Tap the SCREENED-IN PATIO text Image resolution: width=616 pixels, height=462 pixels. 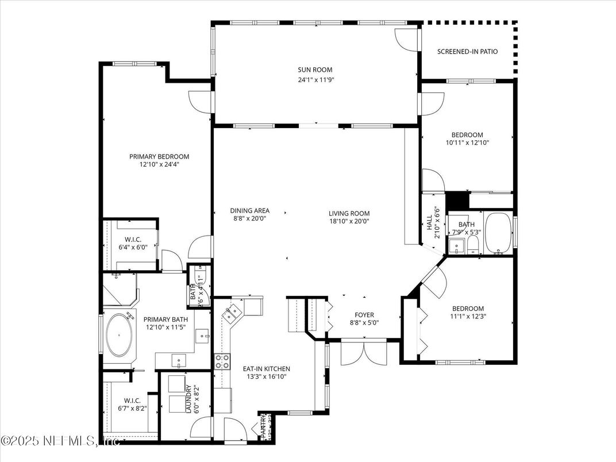(x=467, y=52)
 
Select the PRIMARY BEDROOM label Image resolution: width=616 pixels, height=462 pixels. (x=159, y=156)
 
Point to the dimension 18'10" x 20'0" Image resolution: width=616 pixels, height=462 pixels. (x=349, y=221)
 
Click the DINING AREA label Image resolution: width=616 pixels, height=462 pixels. (x=249, y=211)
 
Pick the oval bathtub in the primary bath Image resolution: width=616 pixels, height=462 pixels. (x=120, y=334)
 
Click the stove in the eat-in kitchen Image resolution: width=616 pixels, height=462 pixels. (x=222, y=361)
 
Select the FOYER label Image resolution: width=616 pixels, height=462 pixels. (x=364, y=315)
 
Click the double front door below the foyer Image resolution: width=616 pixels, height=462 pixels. (x=363, y=352)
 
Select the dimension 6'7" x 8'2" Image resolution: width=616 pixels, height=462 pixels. (x=132, y=409)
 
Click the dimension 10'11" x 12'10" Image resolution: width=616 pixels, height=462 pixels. (x=471, y=143)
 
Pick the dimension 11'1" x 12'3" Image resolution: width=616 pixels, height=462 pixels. (x=467, y=316)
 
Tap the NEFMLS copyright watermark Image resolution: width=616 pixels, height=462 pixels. (x=60, y=441)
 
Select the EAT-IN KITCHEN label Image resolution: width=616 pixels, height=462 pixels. (x=266, y=369)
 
